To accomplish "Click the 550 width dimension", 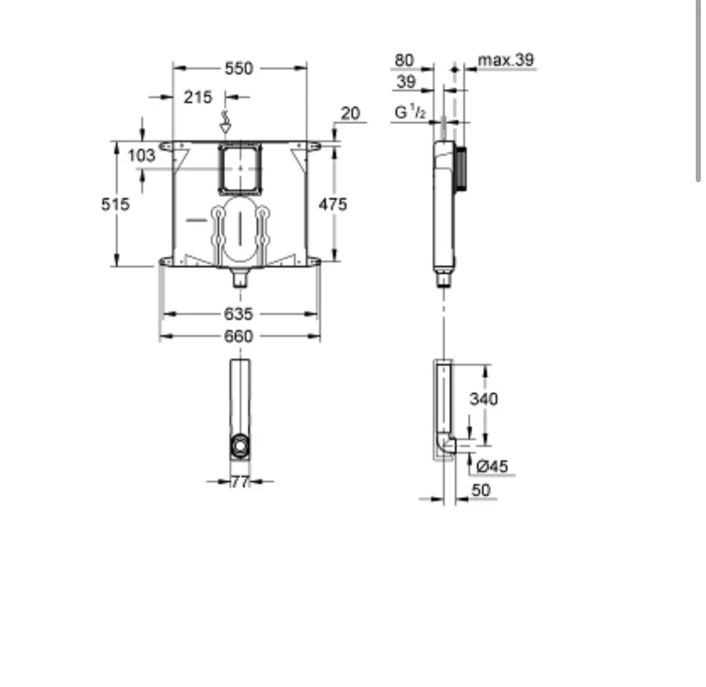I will coord(238,68).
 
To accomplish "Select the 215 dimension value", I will coord(197,96).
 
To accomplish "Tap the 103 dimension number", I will coord(141,155).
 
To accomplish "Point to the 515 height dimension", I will coord(115,204).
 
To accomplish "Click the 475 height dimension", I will coord(332,204).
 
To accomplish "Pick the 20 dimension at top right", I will coord(351,112).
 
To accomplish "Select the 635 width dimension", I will coord(238,314).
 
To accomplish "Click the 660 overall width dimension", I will coord(238,336).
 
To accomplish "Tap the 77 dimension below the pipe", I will coord(240,482).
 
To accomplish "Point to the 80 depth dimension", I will coord(404,60).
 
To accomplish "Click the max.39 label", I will coord(506,60).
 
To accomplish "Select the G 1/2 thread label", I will coord(410,112).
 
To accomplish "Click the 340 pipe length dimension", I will coord(483,398).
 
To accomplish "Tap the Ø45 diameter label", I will coord(492,466).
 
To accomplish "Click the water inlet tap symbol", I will coord(226,123).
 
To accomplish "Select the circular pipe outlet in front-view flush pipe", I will coord(240,445).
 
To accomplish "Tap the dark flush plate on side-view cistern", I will coord(461,168).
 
